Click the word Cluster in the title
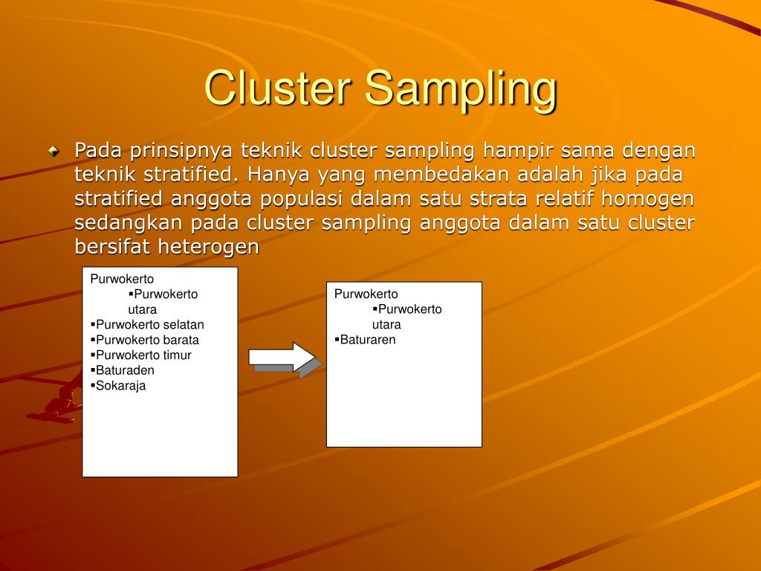[x=278, y=88]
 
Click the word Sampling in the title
[x=460, y=90]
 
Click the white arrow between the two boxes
[x=282, y=356]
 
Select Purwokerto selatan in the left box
[x=149, y=324]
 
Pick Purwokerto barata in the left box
[x=147, y=340]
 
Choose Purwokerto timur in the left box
[x=143, y=355]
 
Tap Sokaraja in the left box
[x=120, y=385]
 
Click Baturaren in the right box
[x=368, y=340]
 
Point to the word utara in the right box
[x=386, y=324]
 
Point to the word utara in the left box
[x=142, y=309]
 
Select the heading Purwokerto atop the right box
[x=366, y=294]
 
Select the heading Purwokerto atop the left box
[x=122, y=279]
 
